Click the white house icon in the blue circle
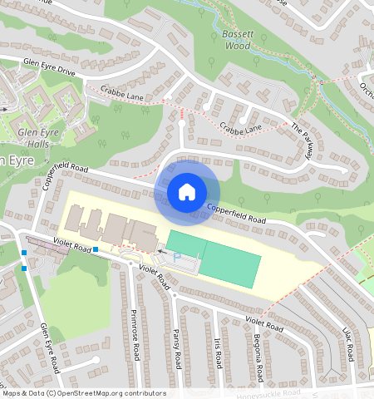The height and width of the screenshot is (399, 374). click(x=187, y=192)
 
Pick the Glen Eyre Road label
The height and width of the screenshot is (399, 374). click(x=50, y=347)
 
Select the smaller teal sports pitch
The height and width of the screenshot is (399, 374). click(x=184, y=241)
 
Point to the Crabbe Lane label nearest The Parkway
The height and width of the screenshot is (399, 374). click(x=241, y=127)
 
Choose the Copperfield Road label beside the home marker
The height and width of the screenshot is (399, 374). click(x=235, y=214)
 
